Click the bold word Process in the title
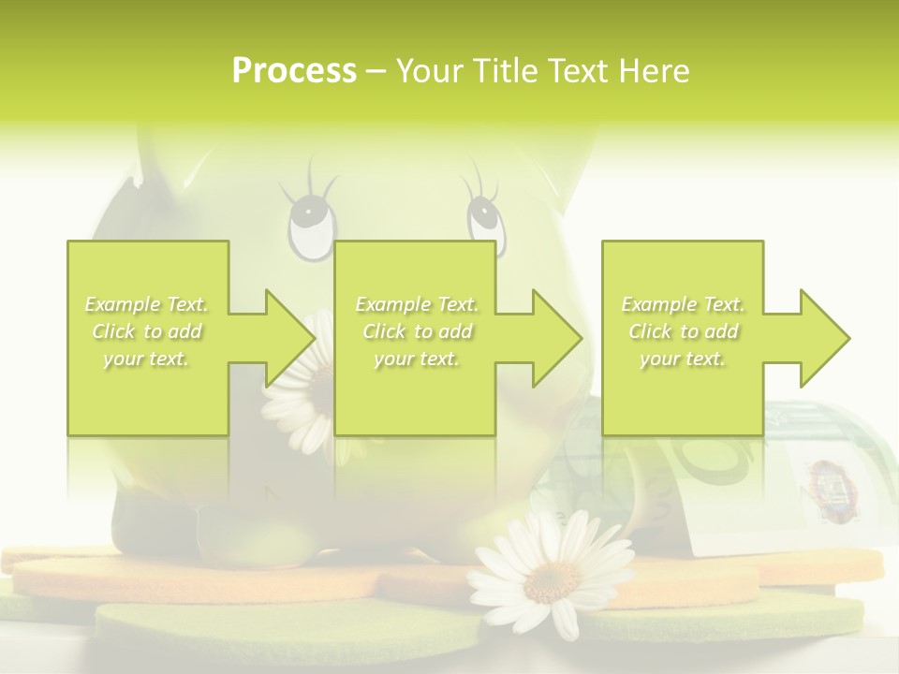pyautogui.click(x=294, y=71)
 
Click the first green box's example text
pyautogui.click(x=147, y=331)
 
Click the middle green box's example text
pyautogui.click(x=417, y=331)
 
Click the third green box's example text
pyautogui.click(x=683, y=331)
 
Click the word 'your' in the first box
pyautogui.click(x=122, y=359)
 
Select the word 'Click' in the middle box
pyautogui.click(x=383, y=331)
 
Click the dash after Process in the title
pyautogui.click(x=376, y=71)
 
